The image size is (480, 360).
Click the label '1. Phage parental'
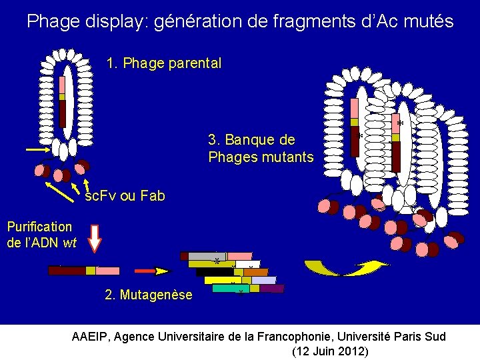164,64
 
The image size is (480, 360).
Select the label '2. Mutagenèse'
148,295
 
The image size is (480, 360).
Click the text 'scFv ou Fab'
125,196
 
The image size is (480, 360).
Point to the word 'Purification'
39,227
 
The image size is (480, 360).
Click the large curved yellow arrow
346,268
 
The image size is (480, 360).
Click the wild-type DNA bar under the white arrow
84,271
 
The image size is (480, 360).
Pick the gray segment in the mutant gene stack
207,256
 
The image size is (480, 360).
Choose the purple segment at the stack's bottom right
271,289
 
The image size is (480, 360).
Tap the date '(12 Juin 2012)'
331,351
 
